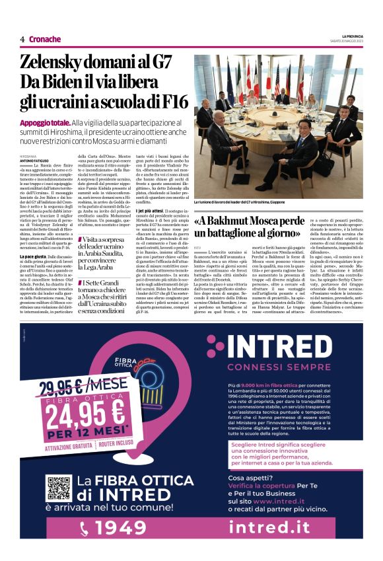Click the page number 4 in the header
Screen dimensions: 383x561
(22, 39)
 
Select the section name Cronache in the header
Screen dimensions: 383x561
(44, 39)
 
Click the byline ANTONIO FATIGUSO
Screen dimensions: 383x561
(36, 159)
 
